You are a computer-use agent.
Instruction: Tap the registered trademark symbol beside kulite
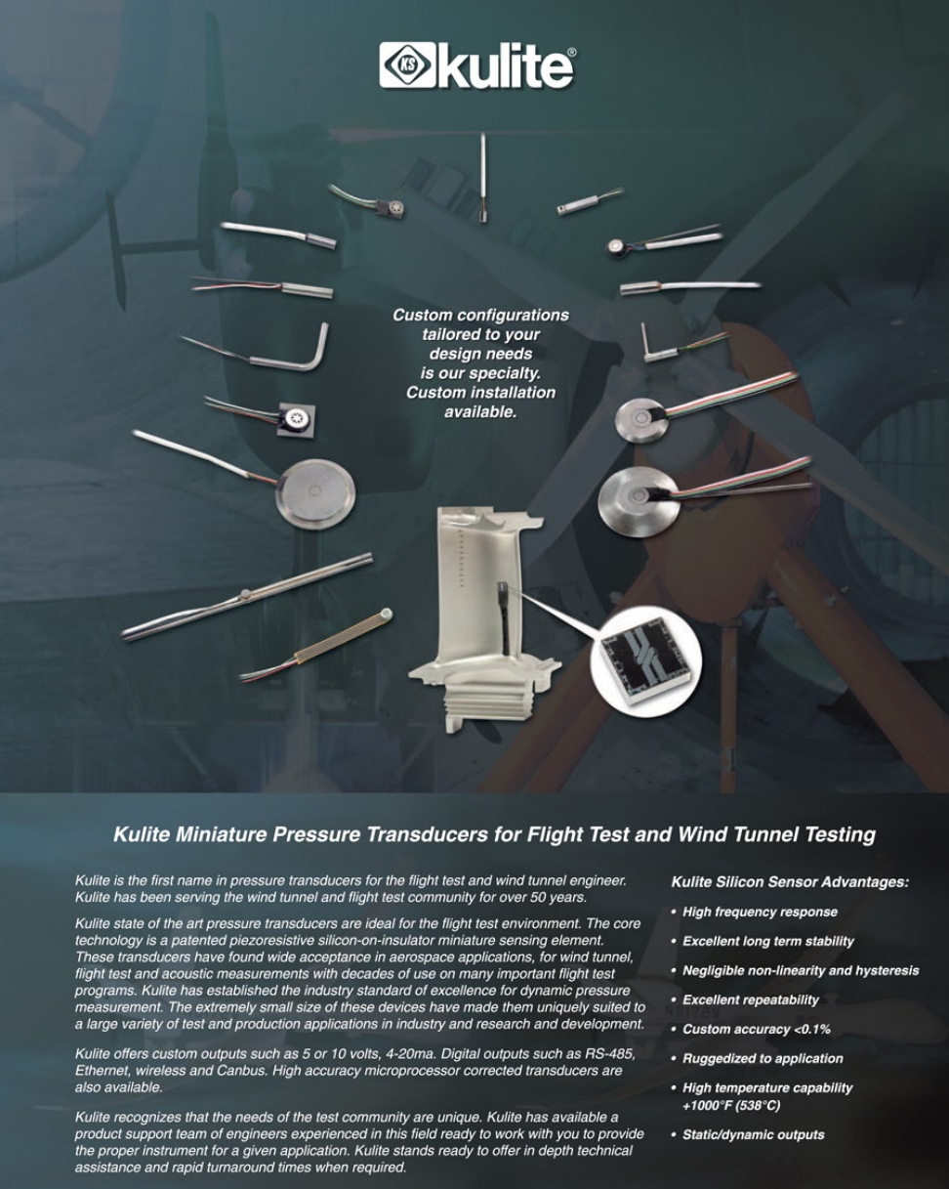click(572, 53)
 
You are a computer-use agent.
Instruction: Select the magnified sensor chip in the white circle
click(646, 661)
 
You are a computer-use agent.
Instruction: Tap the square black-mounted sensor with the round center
click(297, 420)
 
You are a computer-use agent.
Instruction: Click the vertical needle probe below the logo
click(483, 178)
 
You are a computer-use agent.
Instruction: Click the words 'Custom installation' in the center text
click(481, 393)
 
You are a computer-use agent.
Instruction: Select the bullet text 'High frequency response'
click(760, 912)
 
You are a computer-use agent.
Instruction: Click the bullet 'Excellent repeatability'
click(750, 999)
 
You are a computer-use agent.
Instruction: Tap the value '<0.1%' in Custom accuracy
click(811, 1029)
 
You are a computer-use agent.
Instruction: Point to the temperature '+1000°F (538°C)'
click(731, 1106)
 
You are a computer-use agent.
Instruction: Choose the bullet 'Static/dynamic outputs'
click(753, 1135)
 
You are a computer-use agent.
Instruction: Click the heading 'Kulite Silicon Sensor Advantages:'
click(790, 882)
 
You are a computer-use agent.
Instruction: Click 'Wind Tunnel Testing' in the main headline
click(776, 833)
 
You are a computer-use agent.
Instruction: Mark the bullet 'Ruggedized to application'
click(763, 1058)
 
